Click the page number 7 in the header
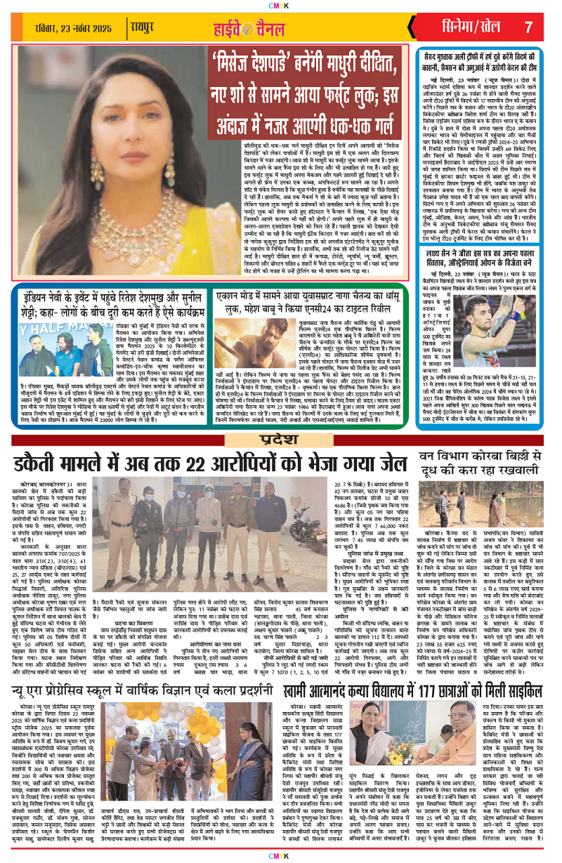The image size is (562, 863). pos(528,27)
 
